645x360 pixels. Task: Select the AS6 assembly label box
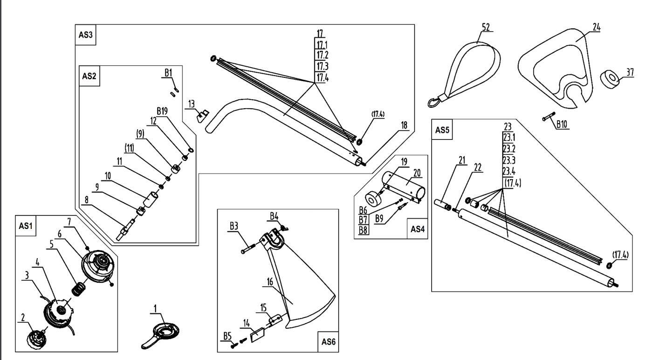tap(328, 341)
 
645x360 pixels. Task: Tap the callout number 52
tap(486, 28)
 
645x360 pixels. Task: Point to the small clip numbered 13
tap(202, 115)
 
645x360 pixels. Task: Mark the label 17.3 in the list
tap(321, 65)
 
